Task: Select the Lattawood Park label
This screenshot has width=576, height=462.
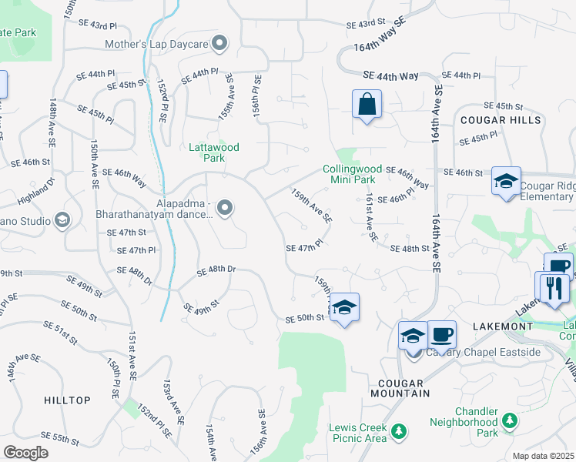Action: tap(215, 152)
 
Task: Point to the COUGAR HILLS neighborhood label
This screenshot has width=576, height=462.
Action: tap(501, 120)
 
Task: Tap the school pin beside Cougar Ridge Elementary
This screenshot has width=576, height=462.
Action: tap(506, 182)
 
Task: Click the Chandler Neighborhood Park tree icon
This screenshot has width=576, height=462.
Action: tap(510, 420)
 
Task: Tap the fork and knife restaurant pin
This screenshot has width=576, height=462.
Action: tap(554, 288)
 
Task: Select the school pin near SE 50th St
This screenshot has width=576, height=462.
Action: tap(345, 306)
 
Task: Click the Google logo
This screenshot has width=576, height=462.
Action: tap(25, 452)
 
